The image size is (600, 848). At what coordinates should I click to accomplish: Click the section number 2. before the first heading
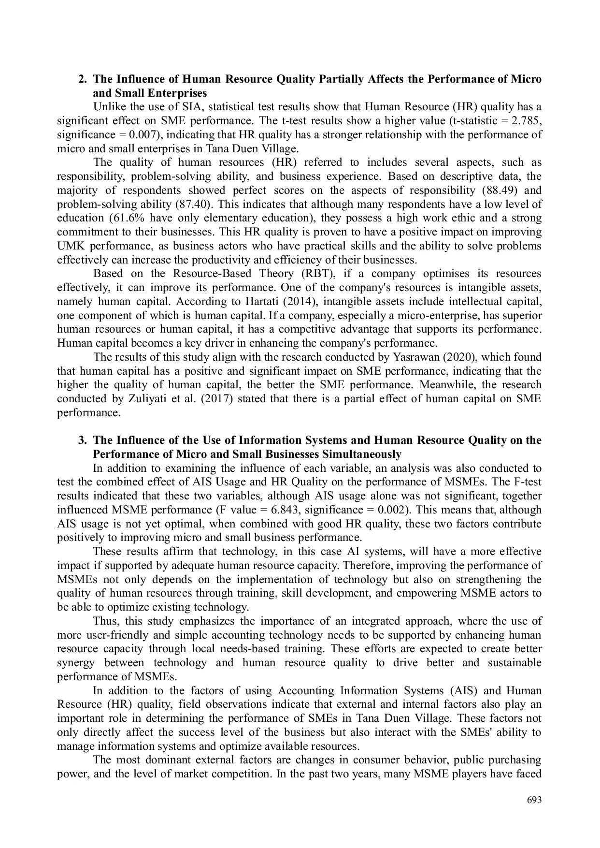pyautogui.click(x=83, y=79)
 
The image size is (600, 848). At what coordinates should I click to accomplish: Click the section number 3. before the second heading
pyautogui.click(x=83, y=440)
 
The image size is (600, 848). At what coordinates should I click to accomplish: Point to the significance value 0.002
pyautogui.click(x=396, y=511)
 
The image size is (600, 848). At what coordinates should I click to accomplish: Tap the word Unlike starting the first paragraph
pyautogui.click(x=106, y=107)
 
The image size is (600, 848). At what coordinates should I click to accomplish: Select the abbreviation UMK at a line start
pyautogui.click(x=71, y=246)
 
